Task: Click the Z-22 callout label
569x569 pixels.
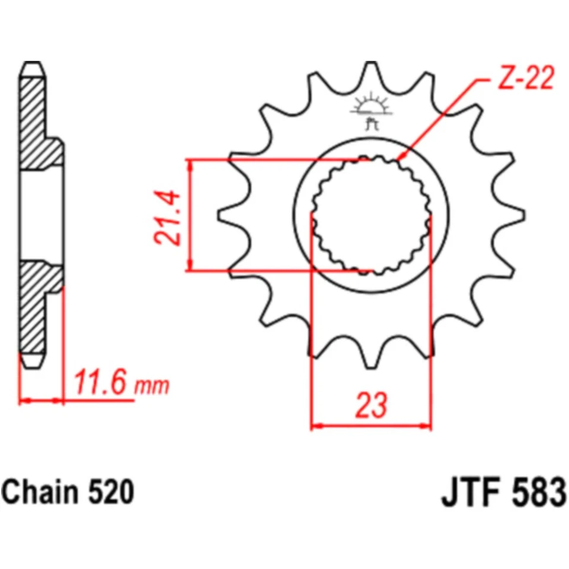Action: tap(523, 79)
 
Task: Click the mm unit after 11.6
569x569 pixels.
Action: tap(152, 386)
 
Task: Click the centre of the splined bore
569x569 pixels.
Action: tap(371, 215)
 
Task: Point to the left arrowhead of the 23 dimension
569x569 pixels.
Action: tap(315, 425)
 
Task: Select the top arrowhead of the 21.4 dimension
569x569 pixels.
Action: tap(190, 164)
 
